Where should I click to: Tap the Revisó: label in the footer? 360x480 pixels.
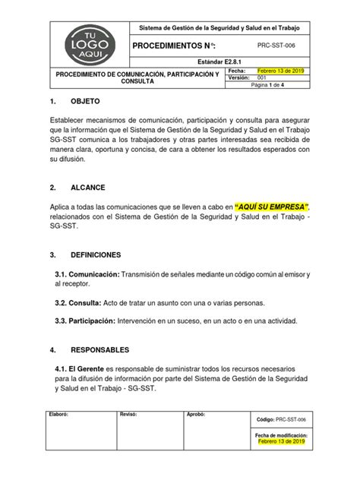pos(126,416)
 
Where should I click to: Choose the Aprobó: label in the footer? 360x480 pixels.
pos(197,416)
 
